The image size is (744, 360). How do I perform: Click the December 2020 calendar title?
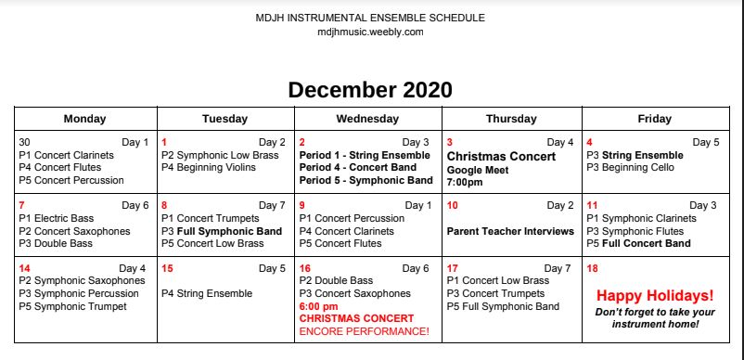tap(370, 90)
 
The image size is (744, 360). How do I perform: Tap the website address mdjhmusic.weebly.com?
tap(370, 32)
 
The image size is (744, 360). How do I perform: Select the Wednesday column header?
tap(367, 119)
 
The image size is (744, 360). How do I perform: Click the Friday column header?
tap(655, 119)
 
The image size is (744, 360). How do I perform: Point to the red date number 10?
tap(453, 206)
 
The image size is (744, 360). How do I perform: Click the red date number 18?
tap(592, 269)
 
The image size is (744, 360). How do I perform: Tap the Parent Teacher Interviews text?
tap(510, 231)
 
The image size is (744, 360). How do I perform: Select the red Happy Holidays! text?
tap(655, 295)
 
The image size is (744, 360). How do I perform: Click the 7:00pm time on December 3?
tap(465, 182)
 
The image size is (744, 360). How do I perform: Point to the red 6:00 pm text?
tap(319, 306)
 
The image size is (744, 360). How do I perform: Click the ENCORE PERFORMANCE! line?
tap(365, 331)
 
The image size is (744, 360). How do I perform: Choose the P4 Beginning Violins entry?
tap(209, 167)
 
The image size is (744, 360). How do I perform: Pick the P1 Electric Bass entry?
tap(57, 219)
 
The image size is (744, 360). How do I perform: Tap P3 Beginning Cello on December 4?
tap(630, 167)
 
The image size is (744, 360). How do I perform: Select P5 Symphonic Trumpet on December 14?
tap(72, 306)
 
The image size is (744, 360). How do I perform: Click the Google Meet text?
tap(478, 170)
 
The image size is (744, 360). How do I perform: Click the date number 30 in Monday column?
tap(25, 142)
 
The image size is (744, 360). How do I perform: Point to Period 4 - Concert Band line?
tap(358, 167)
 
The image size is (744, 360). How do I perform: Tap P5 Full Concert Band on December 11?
tap(638, 244)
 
